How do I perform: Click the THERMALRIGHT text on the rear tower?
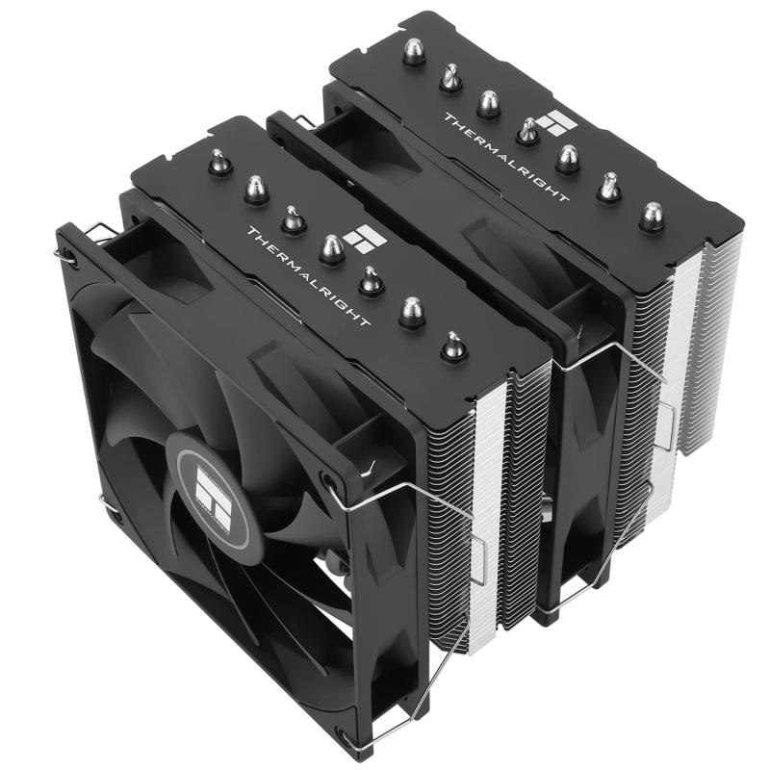[x=504, y=158]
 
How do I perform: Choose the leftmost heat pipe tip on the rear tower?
[x=414, y=52]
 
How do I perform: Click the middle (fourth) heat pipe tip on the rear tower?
[x=527, y=129]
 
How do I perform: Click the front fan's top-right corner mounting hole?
[x=332, y=478]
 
